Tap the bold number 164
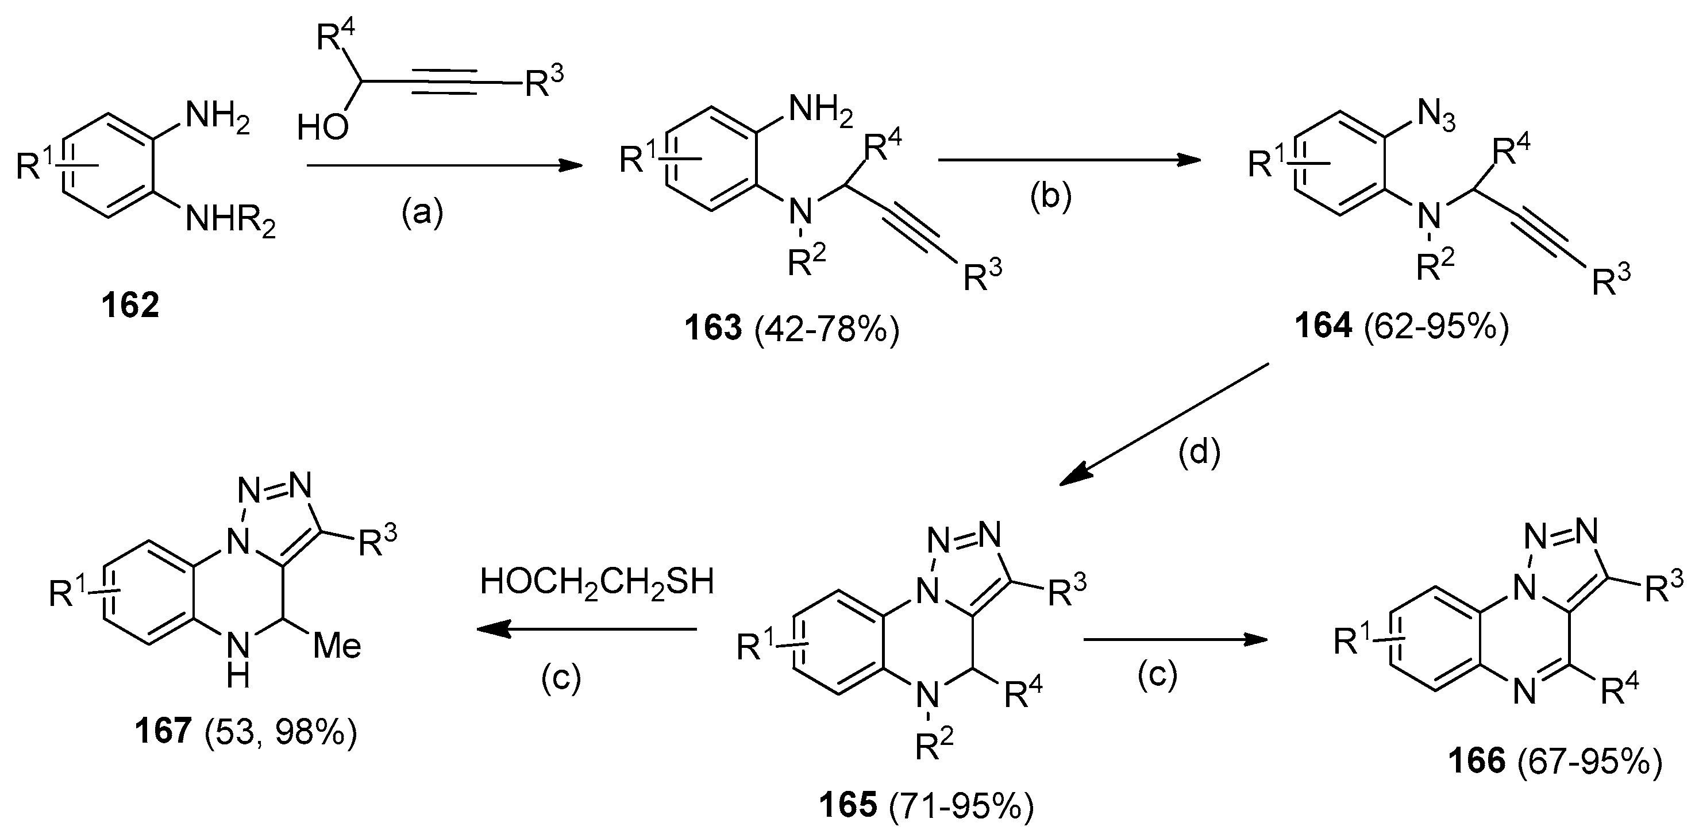coord(1324,327)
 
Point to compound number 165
coord(849,805)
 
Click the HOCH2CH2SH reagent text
coord(597,583)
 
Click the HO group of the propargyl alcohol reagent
coord(322,128)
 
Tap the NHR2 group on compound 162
coord(230,221)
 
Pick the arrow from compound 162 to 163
coord(445,167)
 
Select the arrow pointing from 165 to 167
coord(585,630)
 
